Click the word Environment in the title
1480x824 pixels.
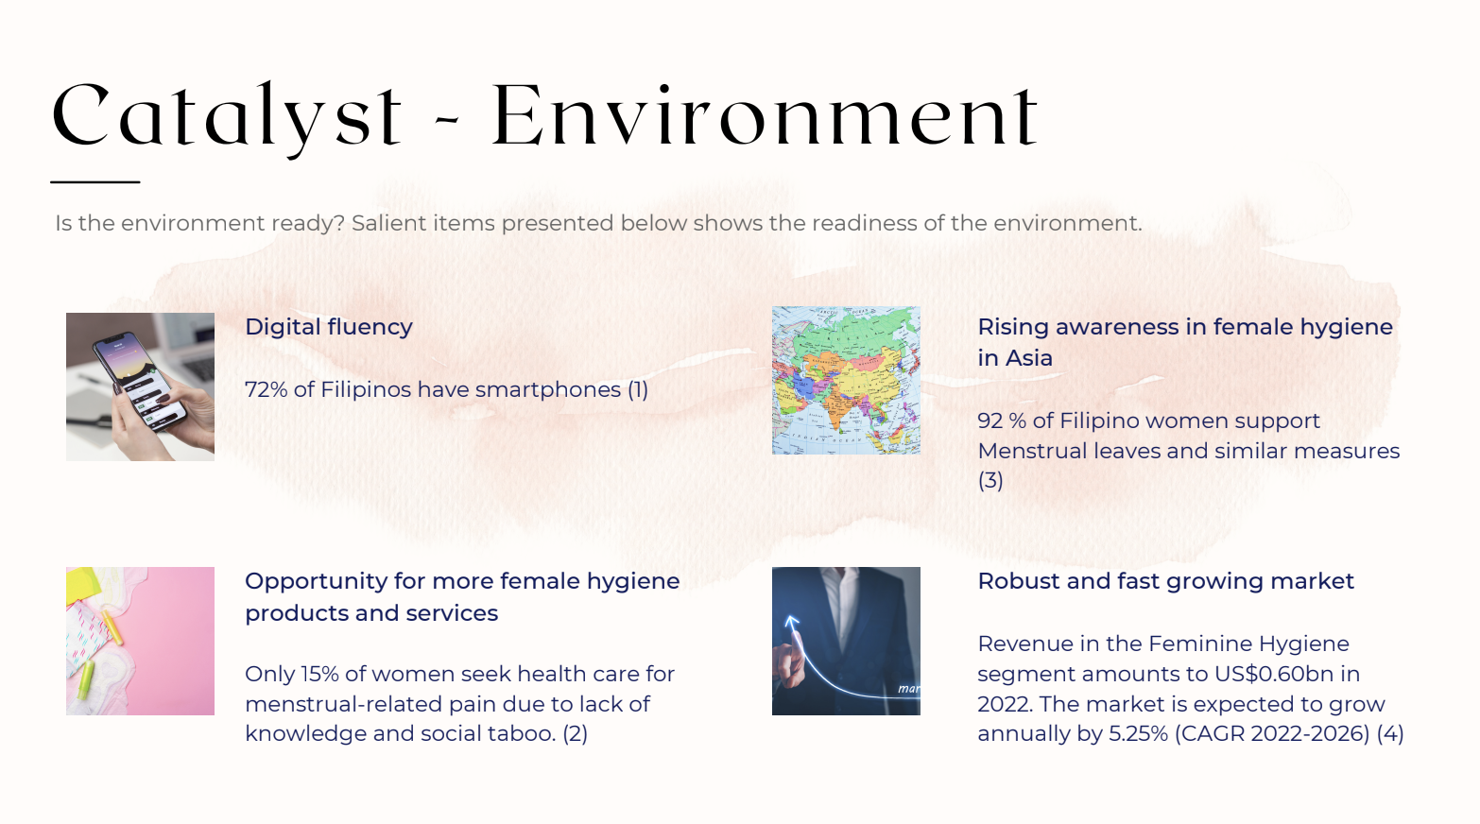click(766, 115)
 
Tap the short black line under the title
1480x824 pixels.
click(95, 181)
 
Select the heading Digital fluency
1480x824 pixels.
click(328, 326)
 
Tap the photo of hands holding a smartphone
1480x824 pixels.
click(140, 386)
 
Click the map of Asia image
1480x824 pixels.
click(846, 380)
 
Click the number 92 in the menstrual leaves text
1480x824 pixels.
click(990, 421)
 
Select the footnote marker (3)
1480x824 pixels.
click(990, 480)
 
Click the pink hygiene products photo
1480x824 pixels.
click(140, 641)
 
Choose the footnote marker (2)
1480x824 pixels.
click(575, 733)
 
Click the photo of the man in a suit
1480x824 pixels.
click(846, 641)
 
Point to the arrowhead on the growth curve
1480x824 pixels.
click(791, 621)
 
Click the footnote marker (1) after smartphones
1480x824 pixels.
click(638, 390)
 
